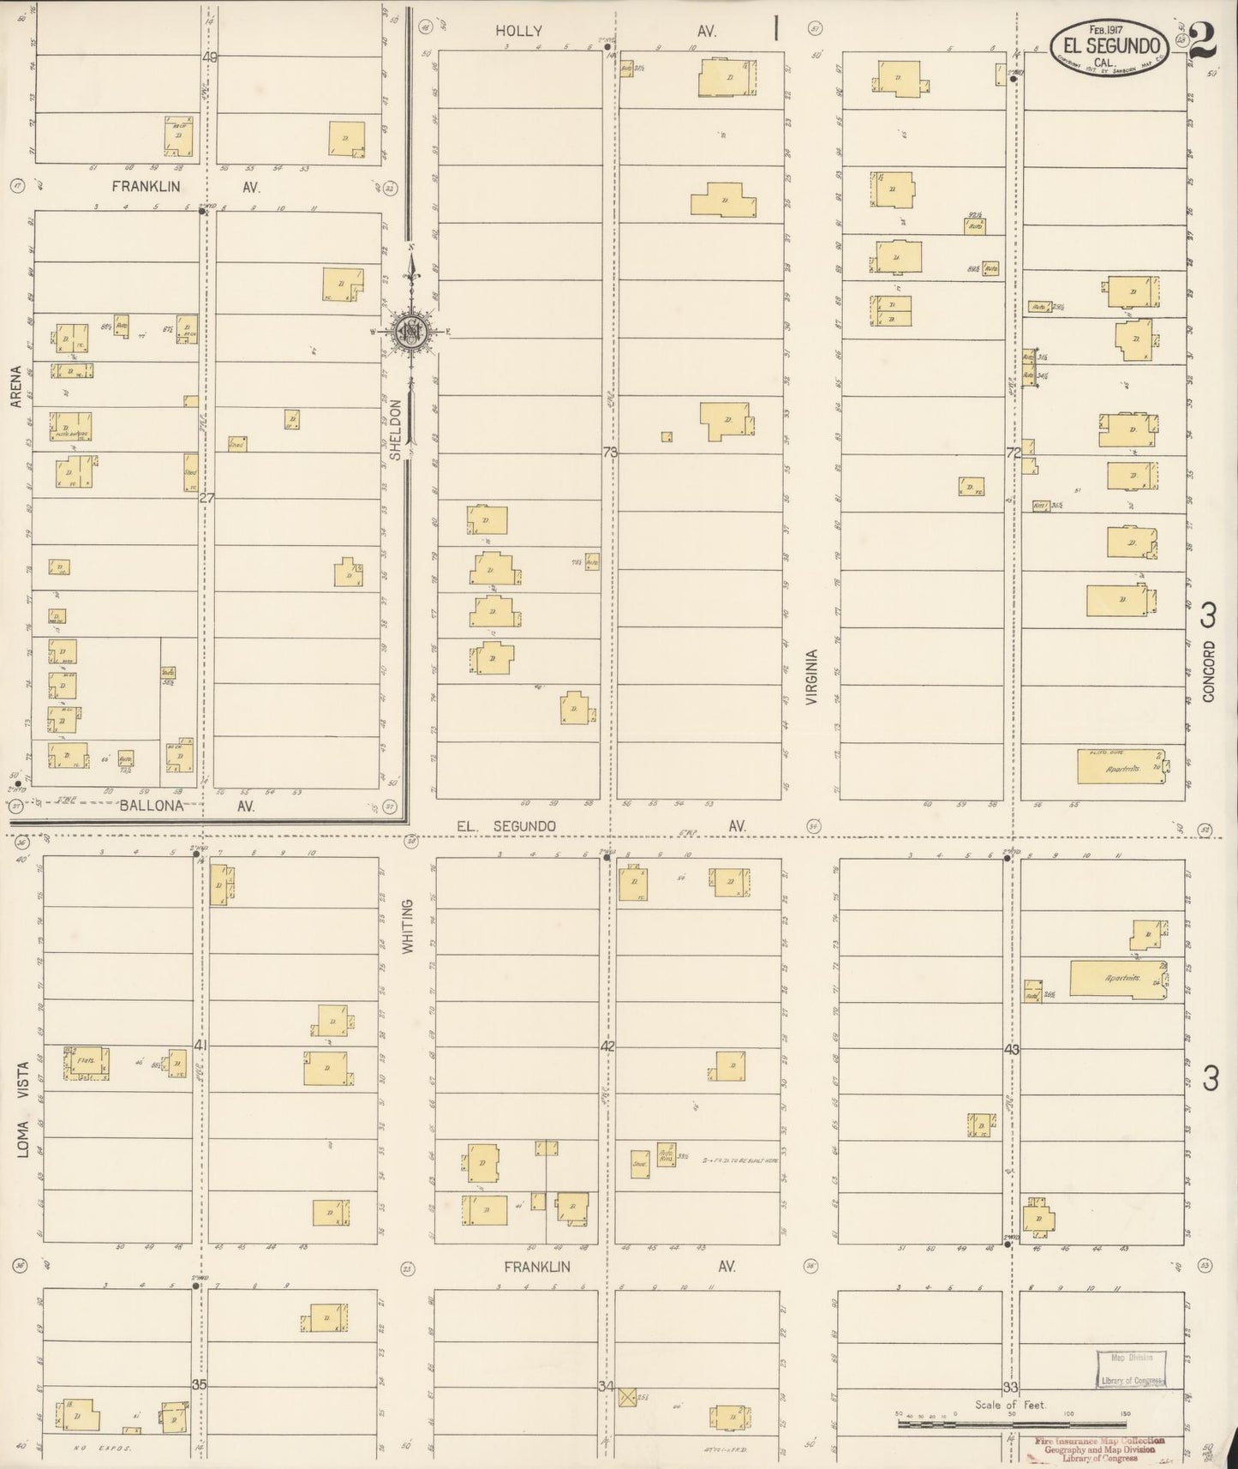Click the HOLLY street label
(518, 32)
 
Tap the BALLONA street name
(152, 806)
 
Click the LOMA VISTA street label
(24, 1110)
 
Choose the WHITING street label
(408, 926)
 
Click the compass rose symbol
(411, 330)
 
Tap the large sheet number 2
(1205, 40)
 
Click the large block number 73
(610, 453)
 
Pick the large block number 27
(206, 498)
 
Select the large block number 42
(607, 1046)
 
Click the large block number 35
(200, 1384)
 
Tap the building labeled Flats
(85, 1064)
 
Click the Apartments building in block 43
(1120, 979)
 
